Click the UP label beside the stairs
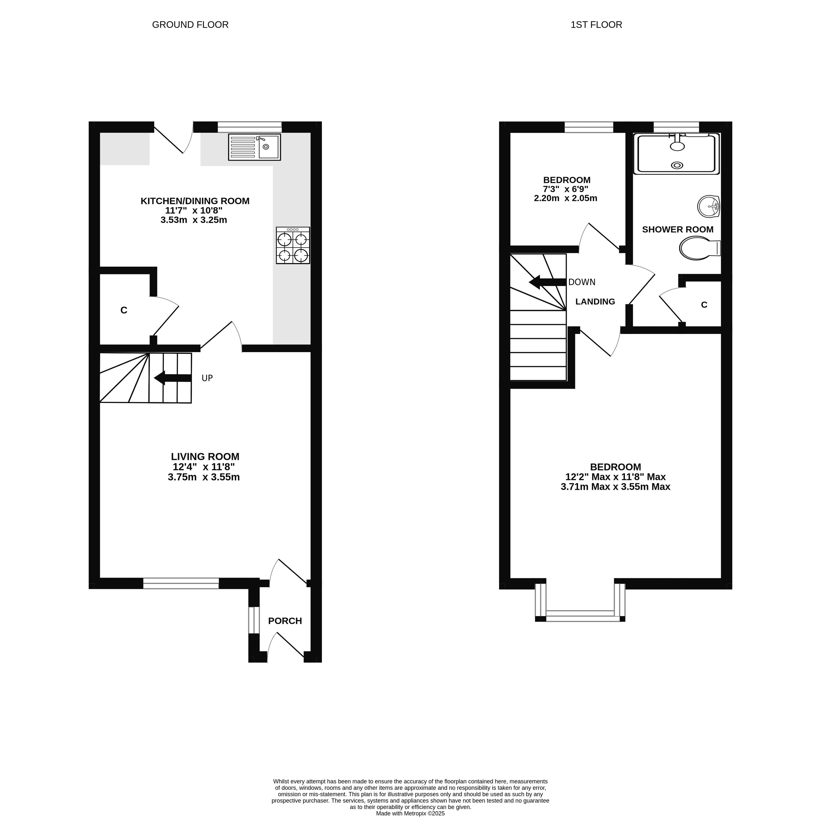(x=207, y=378)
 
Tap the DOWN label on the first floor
(x=582, y=282)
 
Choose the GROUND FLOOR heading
(x=190, y=25)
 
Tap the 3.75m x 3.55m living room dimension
(x=204, y=477)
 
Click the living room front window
(x=181, y=583)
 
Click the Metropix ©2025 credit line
(x=411, y=813)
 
